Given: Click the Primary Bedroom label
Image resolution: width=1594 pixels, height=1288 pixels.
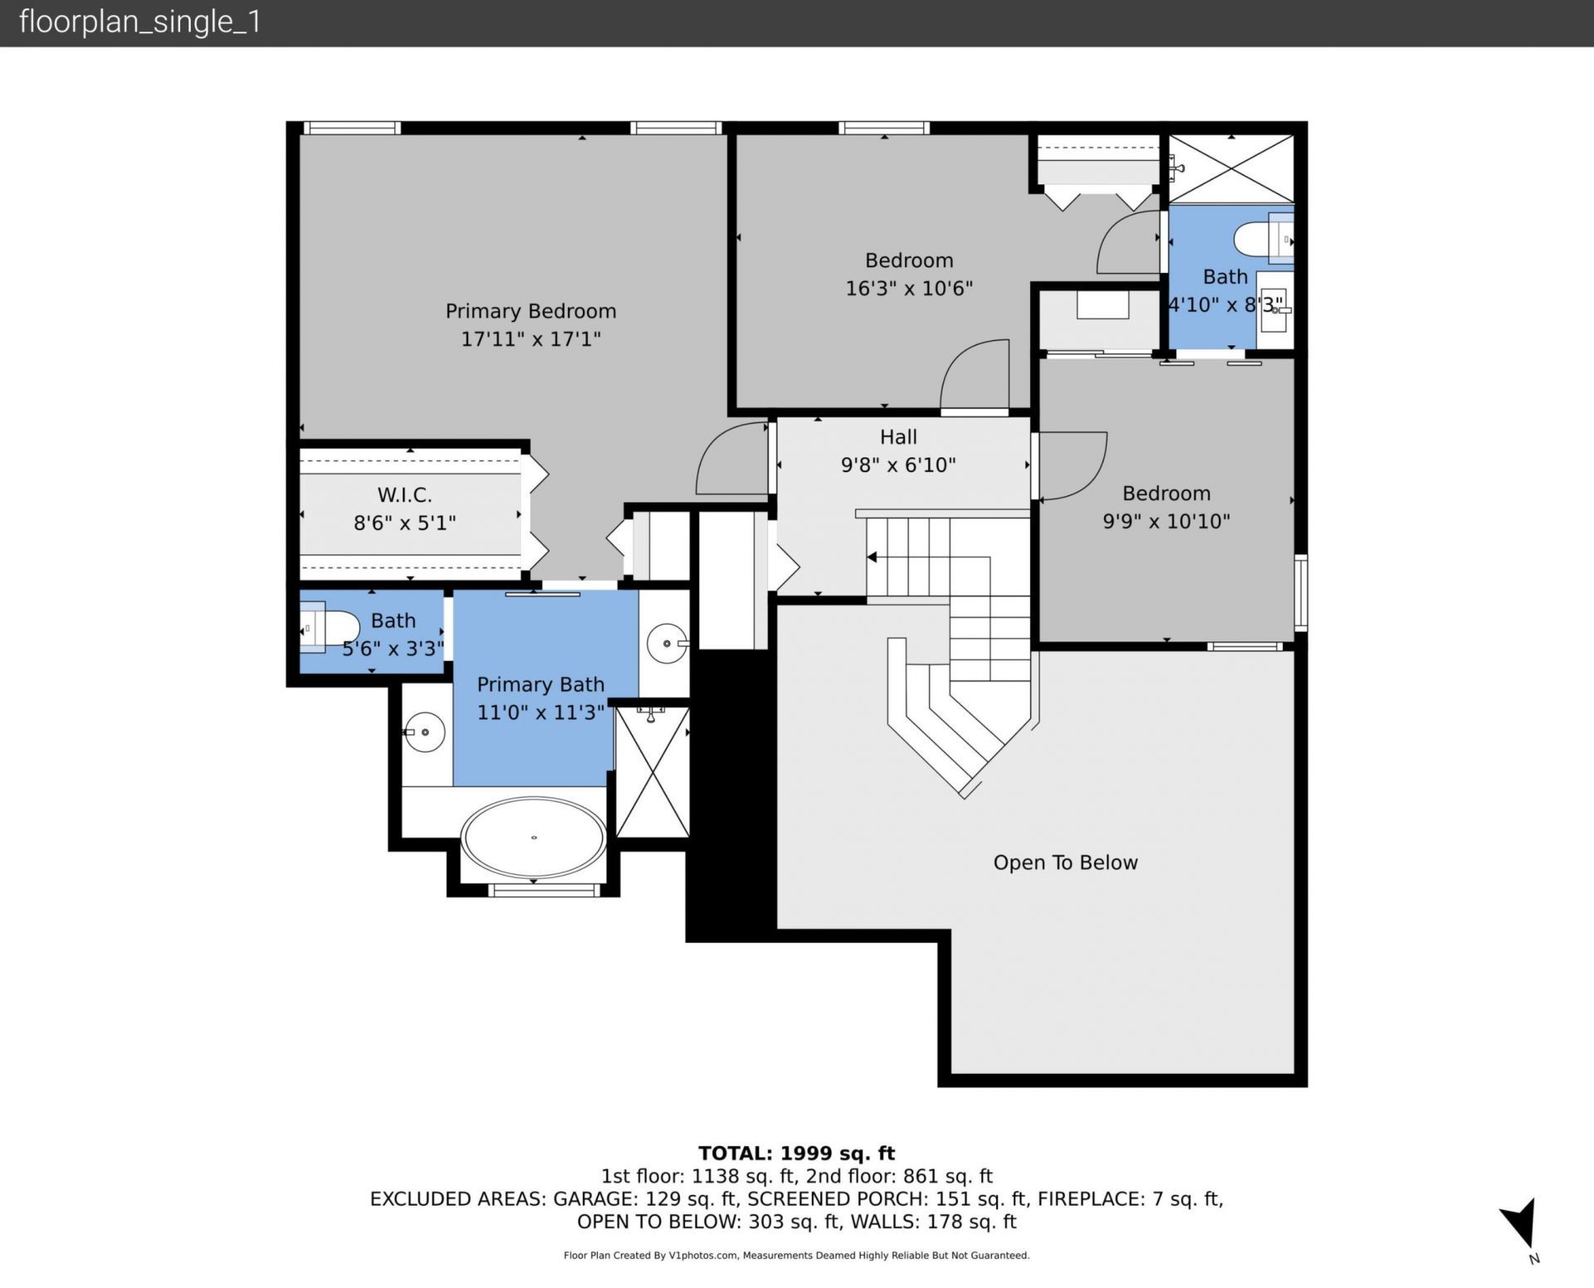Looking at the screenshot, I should tap(531, 311).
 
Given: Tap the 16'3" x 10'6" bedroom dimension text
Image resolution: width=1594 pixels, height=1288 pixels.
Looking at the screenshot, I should tap(909, 289).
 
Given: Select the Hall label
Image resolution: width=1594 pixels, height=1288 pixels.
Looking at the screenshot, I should tap(898, 437).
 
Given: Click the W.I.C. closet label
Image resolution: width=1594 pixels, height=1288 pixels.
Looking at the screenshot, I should tap(404, 495).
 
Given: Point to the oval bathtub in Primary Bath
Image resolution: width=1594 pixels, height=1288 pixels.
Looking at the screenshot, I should tap(533, 838).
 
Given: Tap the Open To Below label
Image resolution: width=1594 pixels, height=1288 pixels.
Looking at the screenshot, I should tap(1065, 863).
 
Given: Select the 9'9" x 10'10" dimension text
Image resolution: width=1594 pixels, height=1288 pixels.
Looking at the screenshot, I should tap(1166, 521).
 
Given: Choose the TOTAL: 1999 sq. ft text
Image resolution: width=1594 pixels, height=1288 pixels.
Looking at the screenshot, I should tap(796, 1153).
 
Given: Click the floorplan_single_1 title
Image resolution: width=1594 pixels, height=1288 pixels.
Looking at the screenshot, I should tap(139, 22).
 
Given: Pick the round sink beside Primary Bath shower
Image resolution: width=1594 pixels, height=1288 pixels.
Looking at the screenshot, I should tap(667, 643).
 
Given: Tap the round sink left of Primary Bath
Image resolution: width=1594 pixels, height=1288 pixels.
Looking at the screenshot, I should tap(424, 732).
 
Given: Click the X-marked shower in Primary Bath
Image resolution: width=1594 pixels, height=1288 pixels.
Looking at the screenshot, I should tap(653, 772).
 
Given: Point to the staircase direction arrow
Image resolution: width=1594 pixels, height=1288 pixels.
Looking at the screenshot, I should tap(872, 557).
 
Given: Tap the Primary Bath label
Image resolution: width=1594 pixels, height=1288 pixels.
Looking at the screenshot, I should tap(540, 685).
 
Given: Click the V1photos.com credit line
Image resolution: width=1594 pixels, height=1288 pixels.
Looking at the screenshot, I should tap(796, 1256).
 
